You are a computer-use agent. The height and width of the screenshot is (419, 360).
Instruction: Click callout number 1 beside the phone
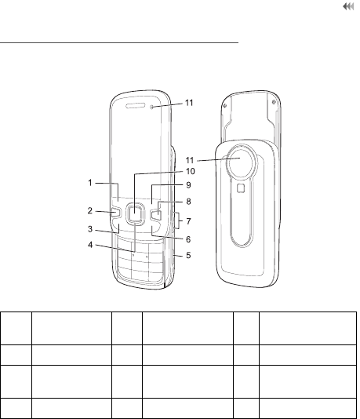(x=90, y=183)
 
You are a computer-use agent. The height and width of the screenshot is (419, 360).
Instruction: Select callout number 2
(x=90, y=211)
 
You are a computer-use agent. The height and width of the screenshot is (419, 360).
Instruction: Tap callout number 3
(x=90, y=229)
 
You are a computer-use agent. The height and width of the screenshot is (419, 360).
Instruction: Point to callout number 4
(x=90, y=245)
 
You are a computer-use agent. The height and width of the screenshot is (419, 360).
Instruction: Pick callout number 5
(x=188, y=256)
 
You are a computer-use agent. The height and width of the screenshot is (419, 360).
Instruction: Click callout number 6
(x=188, y=239)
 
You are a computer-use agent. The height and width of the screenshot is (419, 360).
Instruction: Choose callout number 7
(x=188, y=221)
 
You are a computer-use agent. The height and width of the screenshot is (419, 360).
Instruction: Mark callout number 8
(x=188, y=202)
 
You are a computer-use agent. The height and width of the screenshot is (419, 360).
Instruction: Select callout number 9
(x=188, y=185)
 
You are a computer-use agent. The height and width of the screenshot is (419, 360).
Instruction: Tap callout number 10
(x=191, y=171)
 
